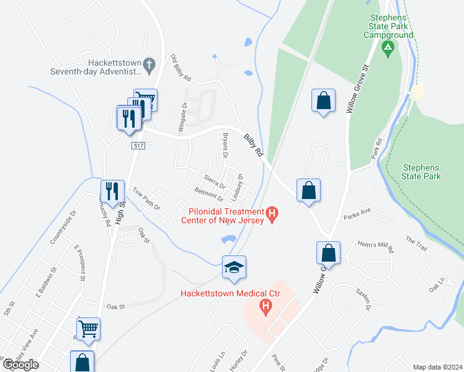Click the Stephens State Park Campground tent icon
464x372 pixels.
(x=388, y=48)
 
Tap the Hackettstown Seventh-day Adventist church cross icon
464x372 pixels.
(x=149, y=63)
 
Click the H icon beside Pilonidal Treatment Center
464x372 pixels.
(x=272, y=215)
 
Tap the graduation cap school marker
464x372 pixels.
(x=234, y=267)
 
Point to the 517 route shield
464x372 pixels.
(x=138, y=144)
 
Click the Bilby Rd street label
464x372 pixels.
(x=253, y=145)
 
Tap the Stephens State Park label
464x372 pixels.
(x=421, y=172)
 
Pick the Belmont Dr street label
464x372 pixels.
(x=208, y=195)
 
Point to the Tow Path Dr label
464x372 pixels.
(x=146, y=198)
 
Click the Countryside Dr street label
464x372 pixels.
(x=63, y=226)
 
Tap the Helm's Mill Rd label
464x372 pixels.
(x=376, y=247)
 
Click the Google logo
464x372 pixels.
(x=20, y=365)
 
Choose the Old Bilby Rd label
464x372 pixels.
(x=181, y=69)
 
